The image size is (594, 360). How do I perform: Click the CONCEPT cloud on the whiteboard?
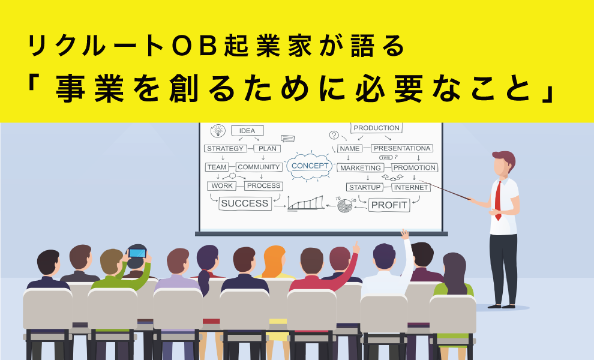click(310, 166)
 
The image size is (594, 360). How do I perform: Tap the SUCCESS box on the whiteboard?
click(245, 203)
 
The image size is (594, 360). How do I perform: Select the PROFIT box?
click(389, 205)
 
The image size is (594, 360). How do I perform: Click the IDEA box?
click(247, 131)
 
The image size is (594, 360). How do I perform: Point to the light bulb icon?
click(218, 131)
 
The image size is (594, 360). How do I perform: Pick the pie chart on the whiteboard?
click(345, 205)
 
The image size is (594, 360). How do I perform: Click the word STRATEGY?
click(226, 149)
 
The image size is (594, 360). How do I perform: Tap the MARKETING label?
click(360, 168)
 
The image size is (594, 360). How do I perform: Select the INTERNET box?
click(411, 187)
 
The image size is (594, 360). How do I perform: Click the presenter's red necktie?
click(498, 200)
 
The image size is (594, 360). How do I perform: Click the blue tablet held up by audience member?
click(137, 253)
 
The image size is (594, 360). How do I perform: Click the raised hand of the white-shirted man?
click(405, 234)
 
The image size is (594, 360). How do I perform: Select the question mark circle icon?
click(334, 135)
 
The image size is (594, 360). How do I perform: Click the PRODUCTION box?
click(376, 128)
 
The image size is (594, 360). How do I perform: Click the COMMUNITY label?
click(259, 167)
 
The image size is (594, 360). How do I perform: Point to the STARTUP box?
click(365, 187)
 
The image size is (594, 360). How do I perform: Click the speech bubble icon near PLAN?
click(288, 139)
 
